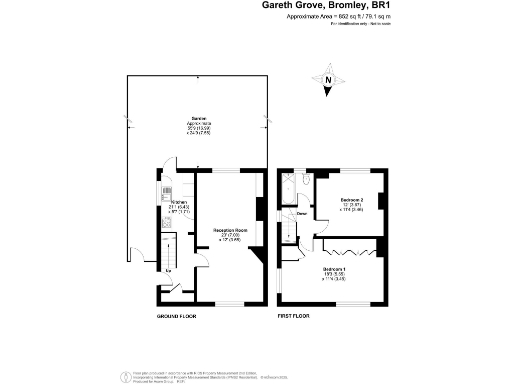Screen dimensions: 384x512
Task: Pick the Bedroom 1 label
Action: pos(334,271)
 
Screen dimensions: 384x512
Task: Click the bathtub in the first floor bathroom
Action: pos(295,187)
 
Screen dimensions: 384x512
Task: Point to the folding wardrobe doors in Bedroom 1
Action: pos(350,244)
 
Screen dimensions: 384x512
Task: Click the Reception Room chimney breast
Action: pos(260,211)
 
